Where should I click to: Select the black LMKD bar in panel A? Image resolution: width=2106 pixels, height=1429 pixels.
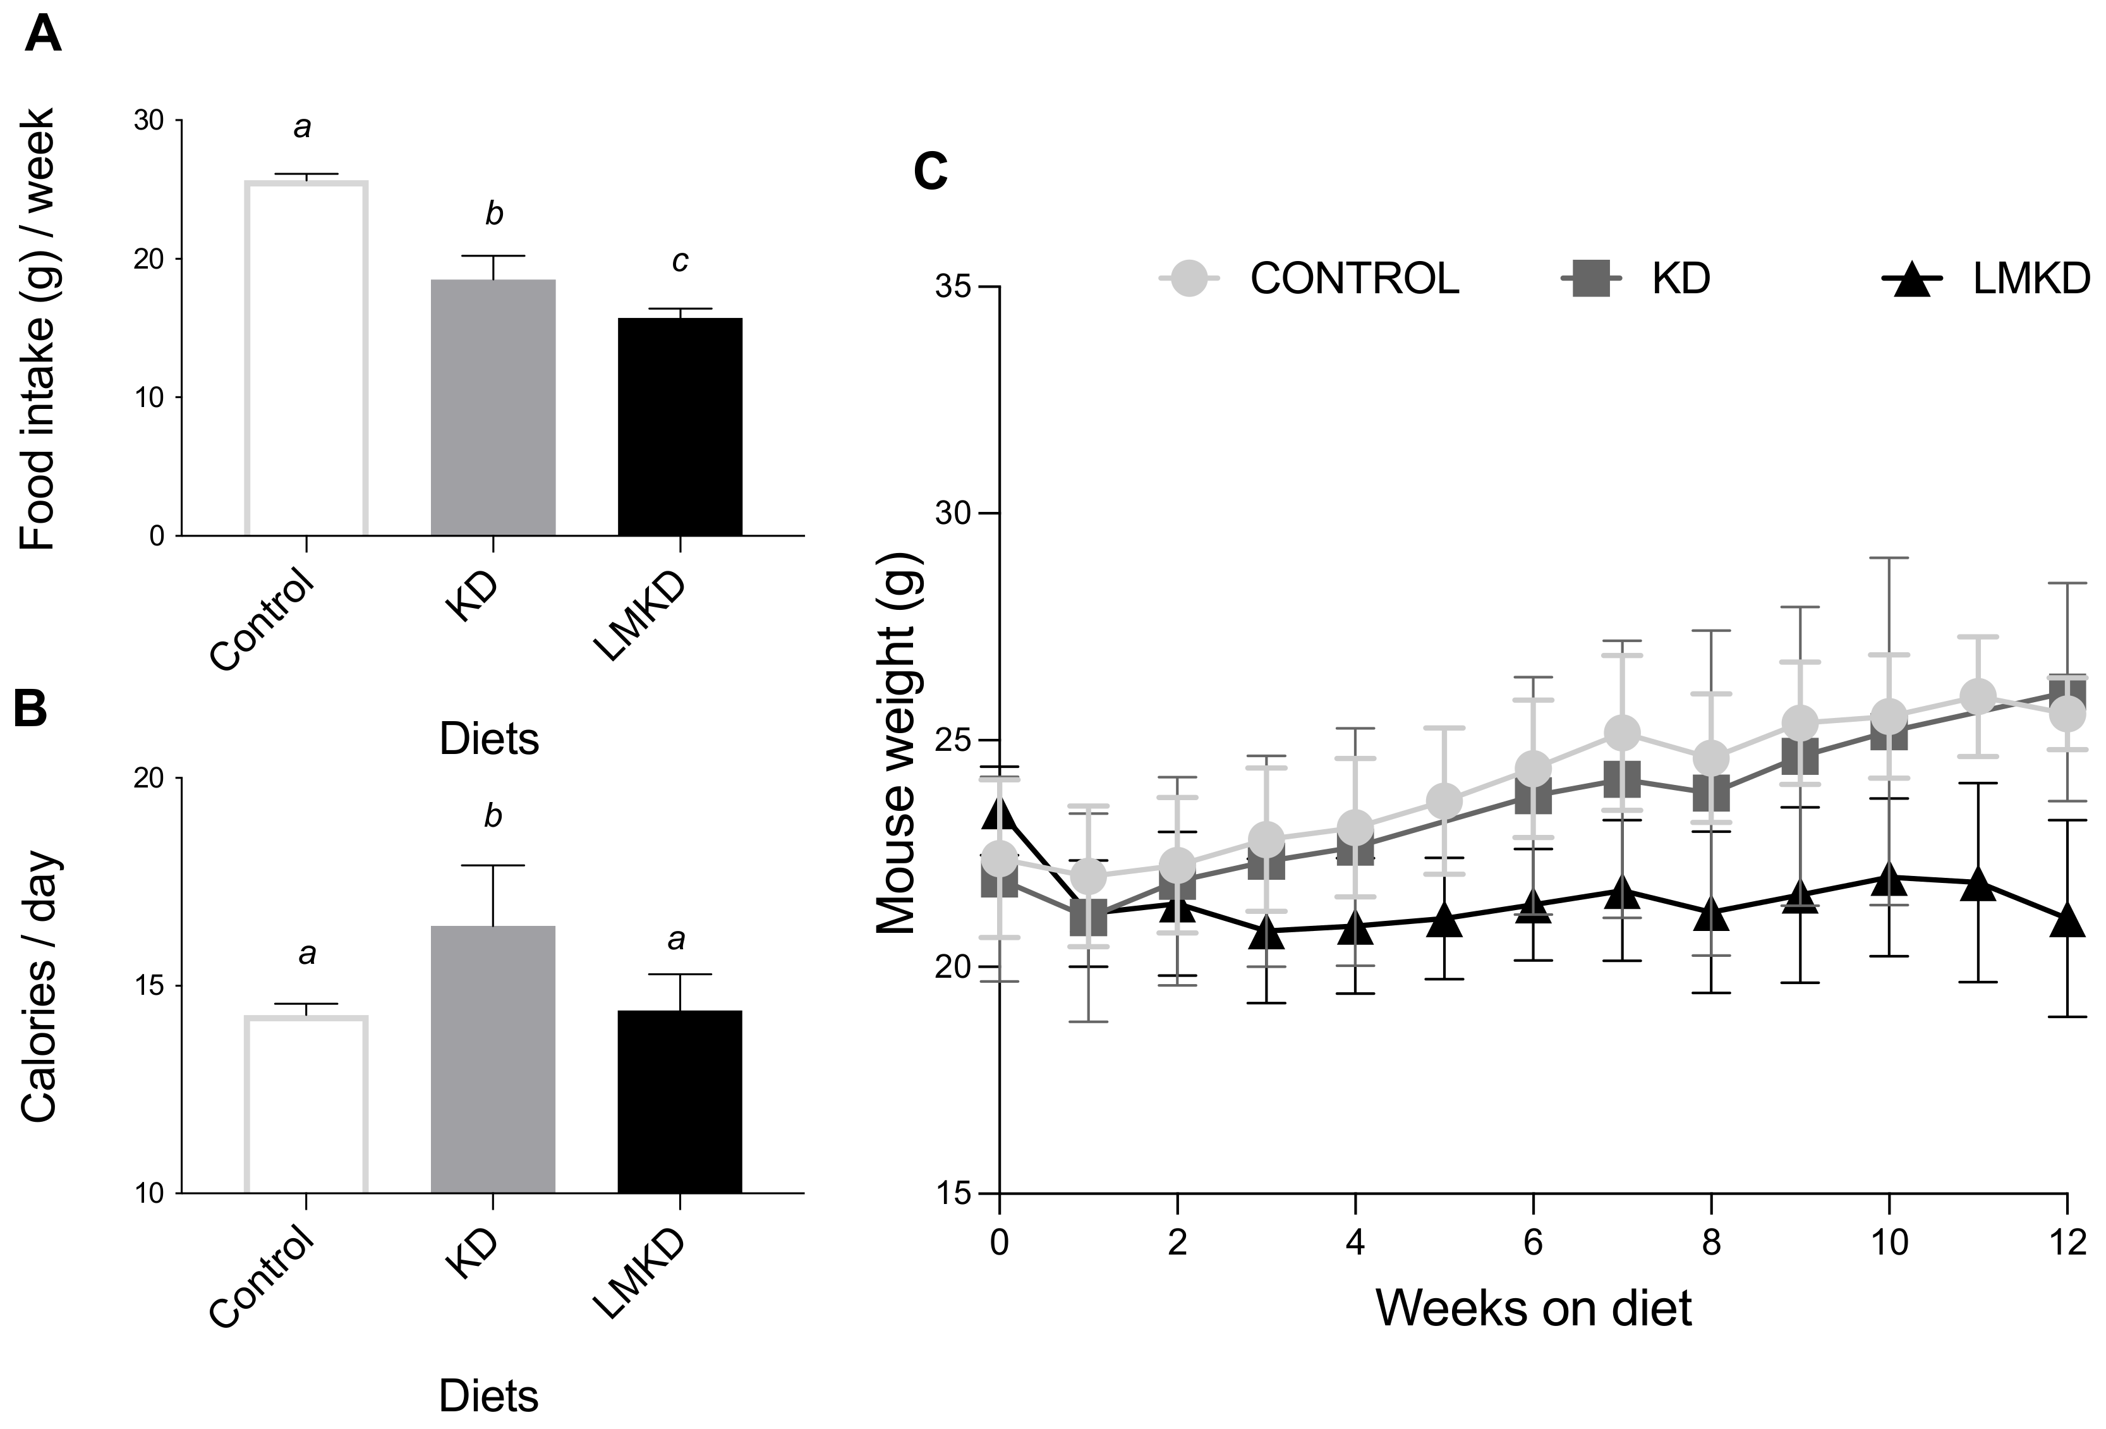(x=680, y=426)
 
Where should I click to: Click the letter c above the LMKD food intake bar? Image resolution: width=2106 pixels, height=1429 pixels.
(x=680, y=262)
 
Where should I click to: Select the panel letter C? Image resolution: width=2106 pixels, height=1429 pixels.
(x=931, y=171)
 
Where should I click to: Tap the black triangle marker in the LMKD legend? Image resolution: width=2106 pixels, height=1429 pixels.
(x=1913, y=279)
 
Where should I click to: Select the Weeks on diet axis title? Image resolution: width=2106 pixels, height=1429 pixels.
(x=1534, y=1308)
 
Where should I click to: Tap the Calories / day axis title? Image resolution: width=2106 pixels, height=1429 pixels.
(x=38, y=988)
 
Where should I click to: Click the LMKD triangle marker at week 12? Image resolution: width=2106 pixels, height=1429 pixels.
(x=2066, y=920)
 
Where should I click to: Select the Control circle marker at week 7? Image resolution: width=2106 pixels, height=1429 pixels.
(x=1622, y=732)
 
